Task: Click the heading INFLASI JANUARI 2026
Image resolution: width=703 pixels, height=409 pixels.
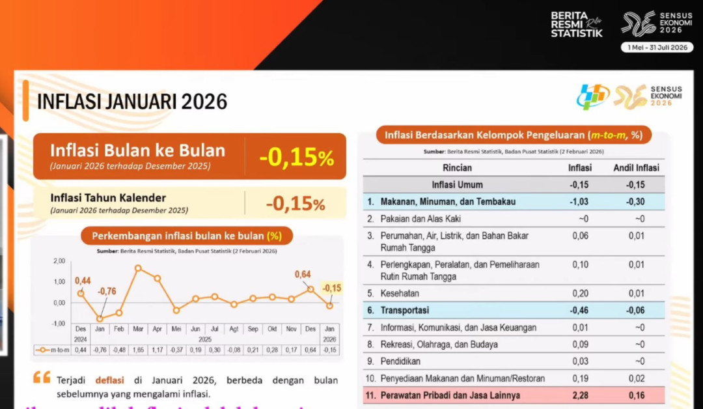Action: (132, 102)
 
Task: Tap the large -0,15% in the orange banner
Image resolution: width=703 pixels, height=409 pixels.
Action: (296, 157)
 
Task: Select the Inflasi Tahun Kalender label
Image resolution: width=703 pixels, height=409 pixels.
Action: (108, 197)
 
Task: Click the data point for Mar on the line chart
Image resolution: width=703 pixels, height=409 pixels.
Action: (138, 268)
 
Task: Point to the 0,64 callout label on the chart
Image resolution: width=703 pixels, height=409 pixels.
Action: (302, 274)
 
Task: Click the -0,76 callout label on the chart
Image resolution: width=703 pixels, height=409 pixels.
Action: (107, 291)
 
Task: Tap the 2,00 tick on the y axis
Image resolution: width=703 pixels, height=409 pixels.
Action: (59, 261)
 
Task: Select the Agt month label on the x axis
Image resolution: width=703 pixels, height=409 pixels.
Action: (234, 330)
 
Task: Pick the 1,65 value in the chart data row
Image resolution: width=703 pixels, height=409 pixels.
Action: (138, 350)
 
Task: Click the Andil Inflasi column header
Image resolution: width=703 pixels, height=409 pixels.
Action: (636, 167)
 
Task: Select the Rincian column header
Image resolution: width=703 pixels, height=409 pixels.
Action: (457, 167)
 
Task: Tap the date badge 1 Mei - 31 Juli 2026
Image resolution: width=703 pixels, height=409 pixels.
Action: (657, 47)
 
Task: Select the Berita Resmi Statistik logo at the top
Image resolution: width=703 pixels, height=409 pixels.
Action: (577, 24)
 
